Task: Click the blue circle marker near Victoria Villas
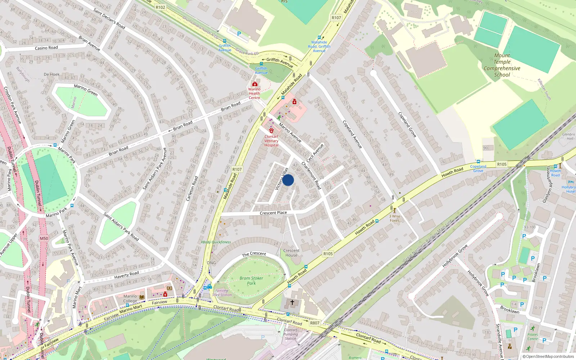point(288,180)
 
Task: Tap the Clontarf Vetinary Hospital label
point(271,141)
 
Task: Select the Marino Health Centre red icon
point(255,84)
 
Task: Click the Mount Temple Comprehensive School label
point(502,65)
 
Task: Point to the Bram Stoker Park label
point(251,280)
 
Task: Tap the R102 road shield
point(161,7)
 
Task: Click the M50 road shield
point(44,238)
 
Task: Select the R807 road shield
point(315,323)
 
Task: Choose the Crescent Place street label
point(273,213)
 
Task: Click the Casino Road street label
point(46,48)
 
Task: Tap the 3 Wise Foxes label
point(395,219)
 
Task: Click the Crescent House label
point(291,253)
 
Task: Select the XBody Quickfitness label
point(216,242)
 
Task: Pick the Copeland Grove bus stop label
point(478,168)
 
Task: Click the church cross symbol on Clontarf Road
point(292,302)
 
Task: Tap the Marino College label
point(130,298)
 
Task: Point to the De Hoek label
point(52,75)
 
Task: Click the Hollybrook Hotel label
point(569,189)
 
